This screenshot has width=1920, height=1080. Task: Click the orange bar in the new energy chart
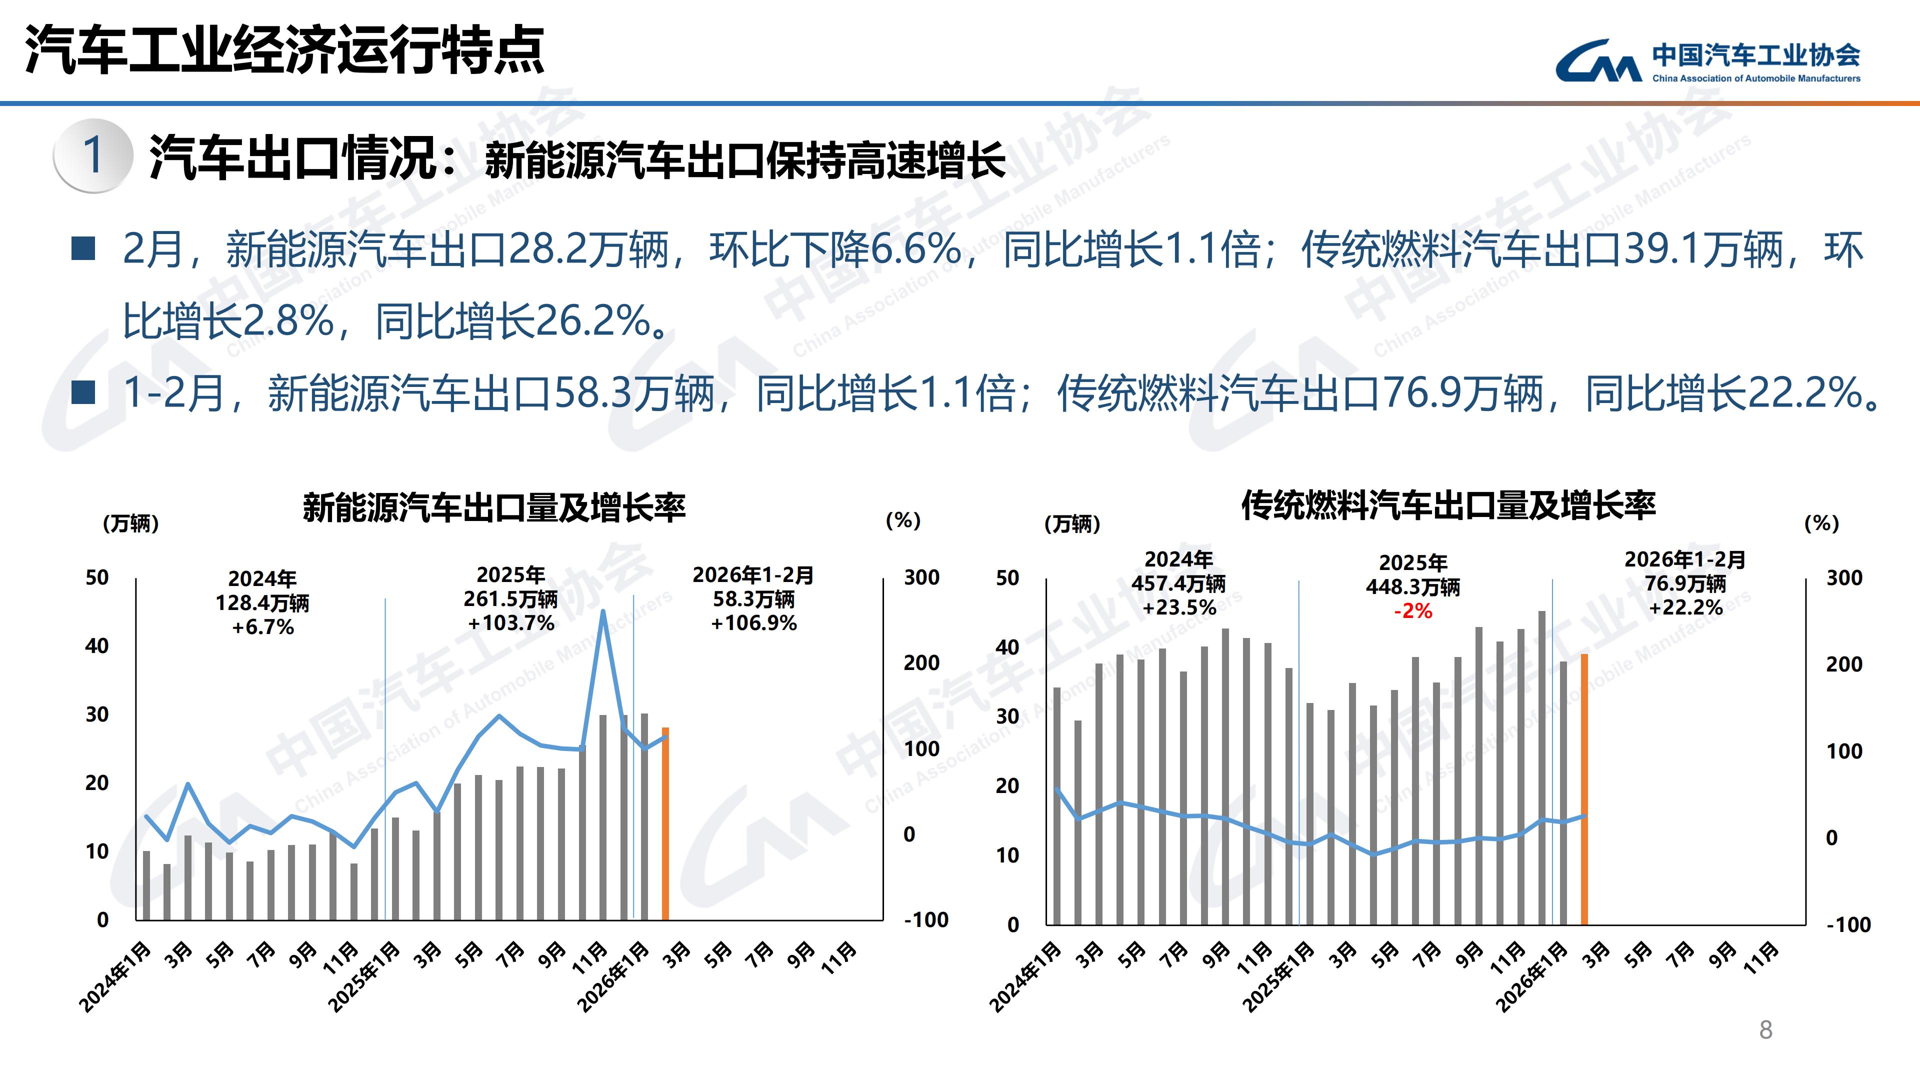[665, 823]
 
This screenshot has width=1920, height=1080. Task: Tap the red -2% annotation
[1413, 611]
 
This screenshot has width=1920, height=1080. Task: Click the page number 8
[1765, 1030]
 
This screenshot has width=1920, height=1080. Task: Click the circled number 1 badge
[92, 155]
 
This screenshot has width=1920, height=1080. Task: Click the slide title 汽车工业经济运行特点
[284, 50]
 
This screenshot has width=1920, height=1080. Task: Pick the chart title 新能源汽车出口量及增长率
[494, 507]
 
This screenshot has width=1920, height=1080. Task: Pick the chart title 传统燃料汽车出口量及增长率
[1448, 505]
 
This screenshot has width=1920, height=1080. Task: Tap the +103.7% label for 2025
[511, 623]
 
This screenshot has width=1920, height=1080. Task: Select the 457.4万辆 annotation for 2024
[1178, 583]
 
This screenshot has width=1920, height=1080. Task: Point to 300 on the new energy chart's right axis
[921, 577]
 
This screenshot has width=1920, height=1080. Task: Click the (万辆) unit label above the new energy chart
[130, 523]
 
